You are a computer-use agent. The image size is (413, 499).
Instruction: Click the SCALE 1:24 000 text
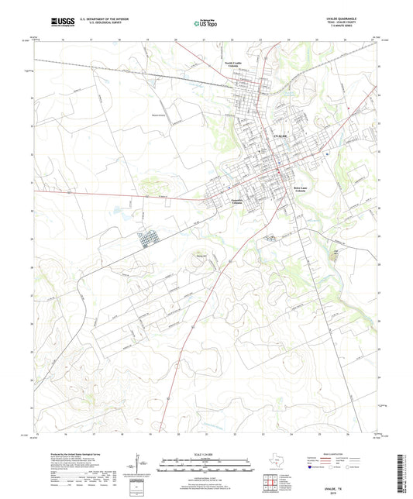pyautogui.click(x=205, y=453)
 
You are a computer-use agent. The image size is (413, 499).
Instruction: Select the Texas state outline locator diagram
pyautogui.click(x=277, y=464)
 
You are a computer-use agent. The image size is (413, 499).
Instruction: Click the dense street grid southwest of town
pyautogui.click(x=146, y=241)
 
